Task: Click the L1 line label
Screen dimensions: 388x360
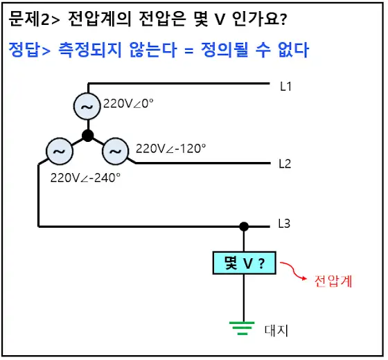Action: tap(285, 87)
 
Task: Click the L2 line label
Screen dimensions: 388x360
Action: tap(285, 163)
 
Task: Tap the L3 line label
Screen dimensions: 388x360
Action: tap(284, 224)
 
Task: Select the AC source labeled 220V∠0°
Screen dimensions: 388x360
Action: tap(87, 107)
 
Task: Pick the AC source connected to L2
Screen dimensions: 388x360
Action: tap(115, 151)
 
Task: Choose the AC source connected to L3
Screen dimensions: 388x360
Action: tap(60, 151)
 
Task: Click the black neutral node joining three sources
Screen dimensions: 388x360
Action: tap(87, 136)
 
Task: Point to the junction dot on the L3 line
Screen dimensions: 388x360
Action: tap(244, 226)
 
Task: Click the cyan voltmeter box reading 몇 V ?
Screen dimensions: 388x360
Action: tap(244, 263)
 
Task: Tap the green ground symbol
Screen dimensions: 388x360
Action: tap(242, 328)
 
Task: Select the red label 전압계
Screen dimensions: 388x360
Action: tap(333, 281)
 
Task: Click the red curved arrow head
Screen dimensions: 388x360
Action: tap(304, 278)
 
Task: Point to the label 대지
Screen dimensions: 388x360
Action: tap(276, 331)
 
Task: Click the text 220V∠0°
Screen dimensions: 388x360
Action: tap(128, 104)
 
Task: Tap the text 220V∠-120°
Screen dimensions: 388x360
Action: tap(170, 149)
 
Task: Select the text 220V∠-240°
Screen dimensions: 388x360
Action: tap(85, 178)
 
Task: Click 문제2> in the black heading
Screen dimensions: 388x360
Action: tap(34, 19)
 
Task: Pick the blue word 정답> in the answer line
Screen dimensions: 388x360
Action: tap(30, 50)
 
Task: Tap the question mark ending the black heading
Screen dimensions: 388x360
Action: tap(284, 19)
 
